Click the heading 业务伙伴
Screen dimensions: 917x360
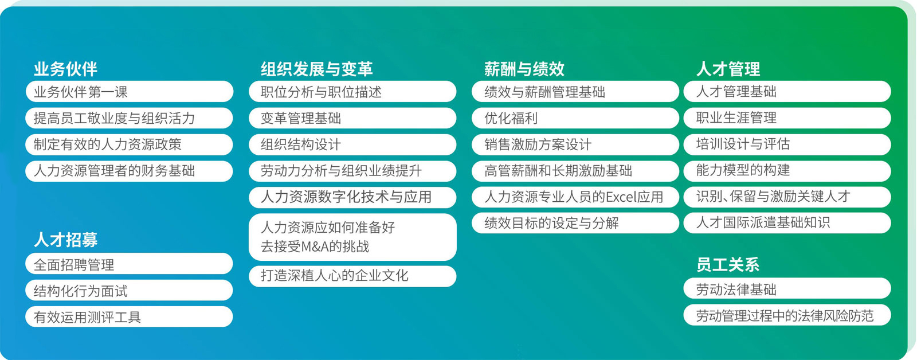point(65,69)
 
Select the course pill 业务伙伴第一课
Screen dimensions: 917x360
point(130,91)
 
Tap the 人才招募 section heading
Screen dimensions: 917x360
point(65,240)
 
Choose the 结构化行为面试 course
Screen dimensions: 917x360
point(130,291)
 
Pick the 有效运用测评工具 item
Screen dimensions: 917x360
point(130,316)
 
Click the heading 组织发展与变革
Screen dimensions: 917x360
point(317,69)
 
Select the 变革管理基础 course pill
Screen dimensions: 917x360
point(352,118)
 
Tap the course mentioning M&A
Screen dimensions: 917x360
point(352,237)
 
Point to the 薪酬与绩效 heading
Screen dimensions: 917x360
point(524,69)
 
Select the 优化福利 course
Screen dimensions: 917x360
point(575,118)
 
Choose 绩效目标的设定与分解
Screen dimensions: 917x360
point(575,223)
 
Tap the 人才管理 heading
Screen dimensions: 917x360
point(728,69)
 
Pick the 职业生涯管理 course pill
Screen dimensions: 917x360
point(787,118)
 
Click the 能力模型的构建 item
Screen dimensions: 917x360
point(787,170)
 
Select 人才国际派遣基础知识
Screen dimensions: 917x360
point(787,223)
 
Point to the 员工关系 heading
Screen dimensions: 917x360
point(728,265)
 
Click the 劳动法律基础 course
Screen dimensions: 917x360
point(787,288)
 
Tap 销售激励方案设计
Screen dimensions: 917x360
point(575,144)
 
